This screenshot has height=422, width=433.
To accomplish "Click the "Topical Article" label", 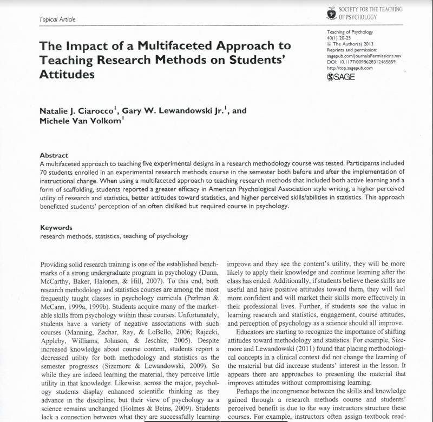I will (x=57, y=20).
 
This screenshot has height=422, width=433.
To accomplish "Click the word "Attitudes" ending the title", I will (x=67, y=74).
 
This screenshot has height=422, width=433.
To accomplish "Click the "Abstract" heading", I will (x=54, y=155).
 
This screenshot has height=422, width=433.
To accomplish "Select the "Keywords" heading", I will (x=57, y=228).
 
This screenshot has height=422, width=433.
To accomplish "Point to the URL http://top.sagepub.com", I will (x=350, y=68).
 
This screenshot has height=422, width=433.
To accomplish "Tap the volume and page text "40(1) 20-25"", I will (x=343, y=38).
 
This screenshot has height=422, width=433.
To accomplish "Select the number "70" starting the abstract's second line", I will (x=44, y=170).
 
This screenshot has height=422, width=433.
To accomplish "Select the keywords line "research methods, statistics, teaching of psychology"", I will (x=114, y=236).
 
